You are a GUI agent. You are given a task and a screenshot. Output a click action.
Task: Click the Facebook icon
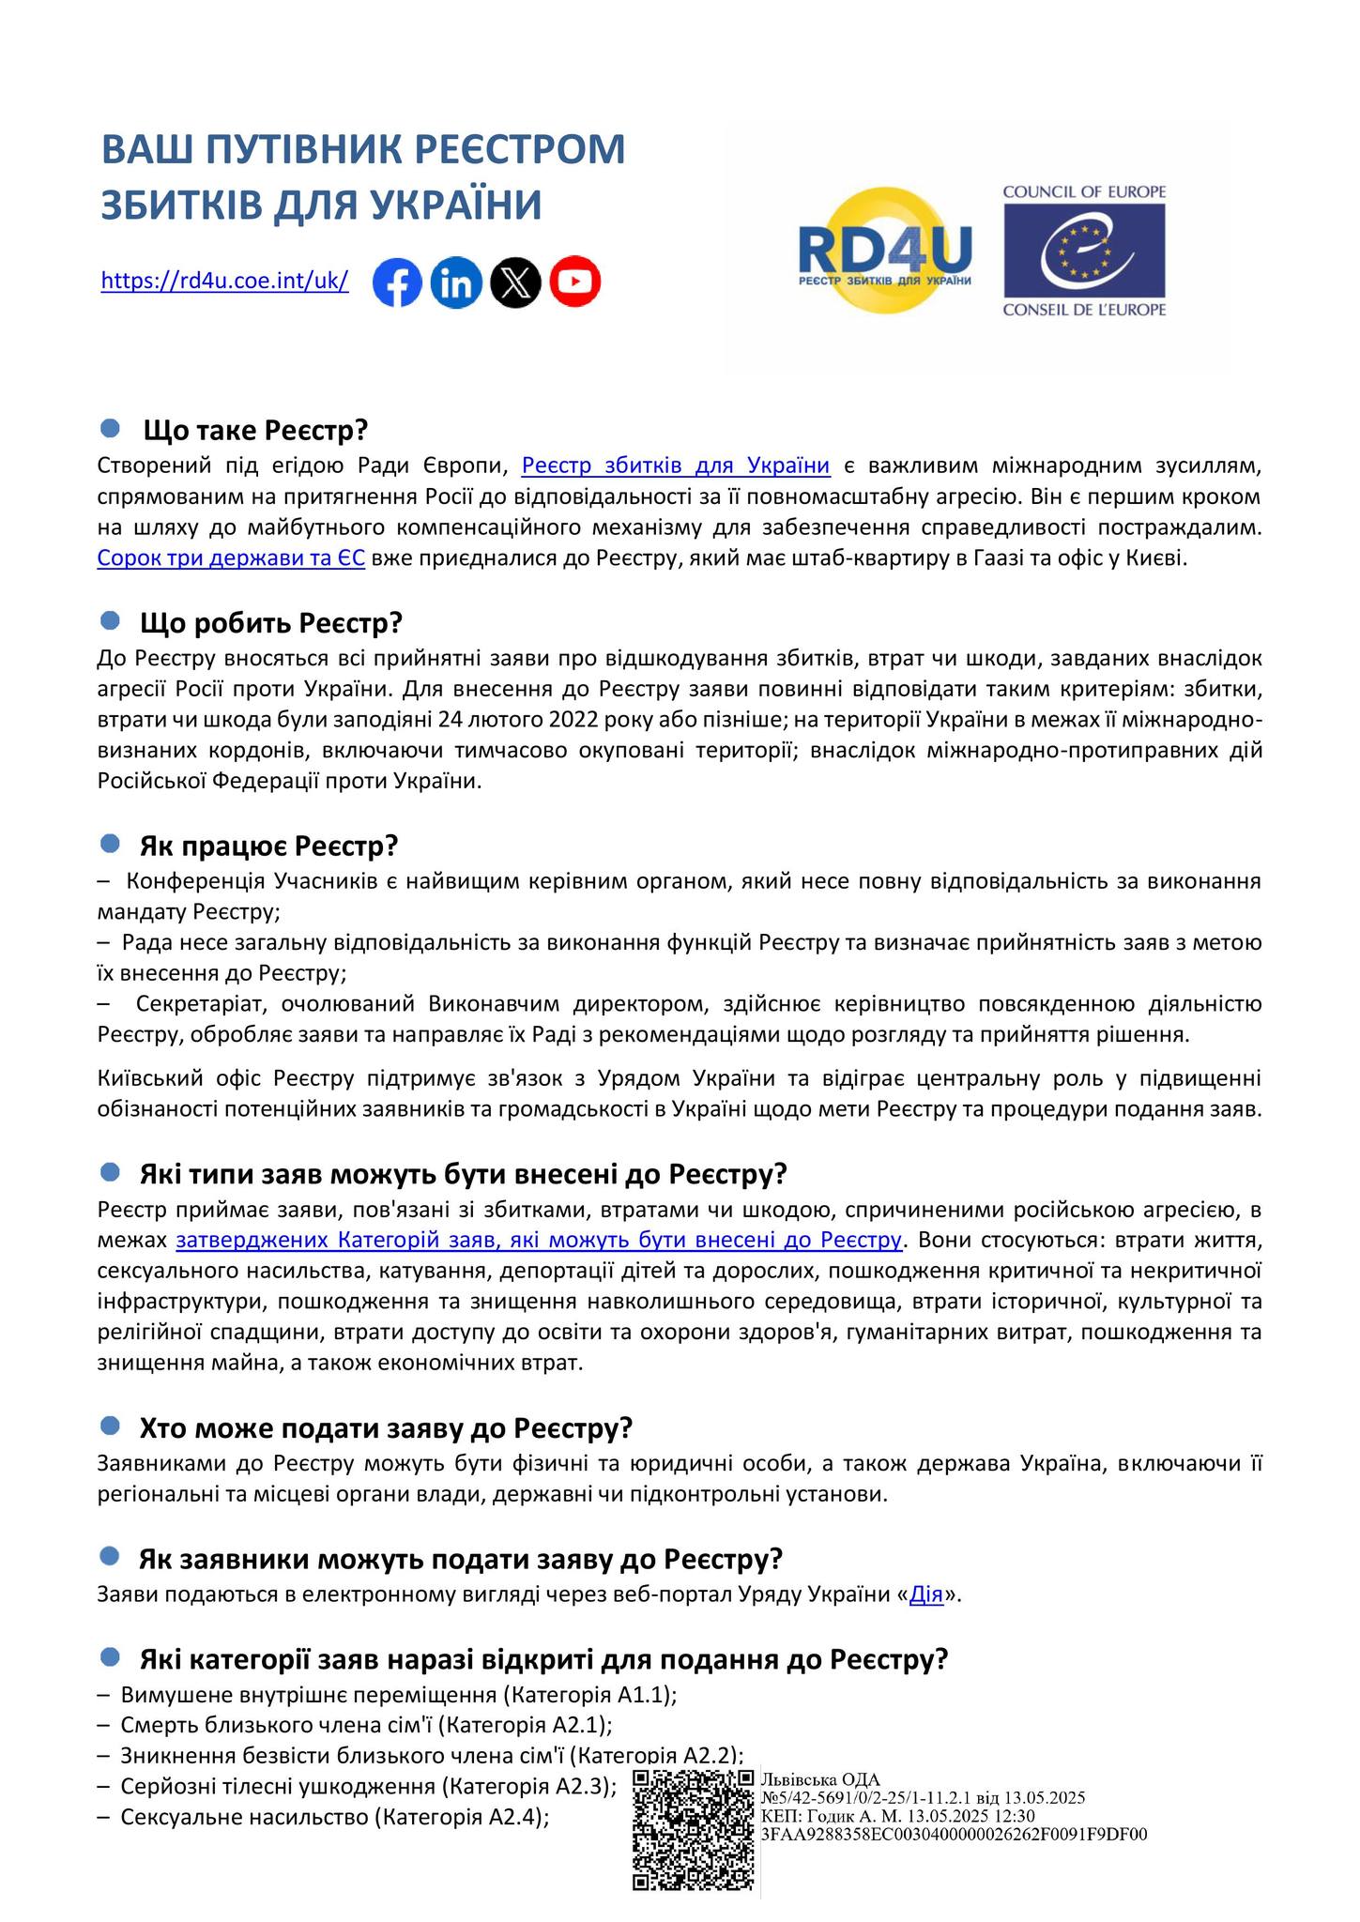click(397, 282)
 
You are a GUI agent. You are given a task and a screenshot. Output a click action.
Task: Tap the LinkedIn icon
click(456, 282)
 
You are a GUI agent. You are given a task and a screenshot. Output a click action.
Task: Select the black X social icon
click(515, 282)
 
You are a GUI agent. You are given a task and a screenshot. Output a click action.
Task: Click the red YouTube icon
click(574, 282)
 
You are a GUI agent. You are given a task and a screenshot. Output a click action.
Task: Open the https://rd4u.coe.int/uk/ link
click(224, 281)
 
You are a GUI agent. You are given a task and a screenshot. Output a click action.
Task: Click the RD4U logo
click(884, 252)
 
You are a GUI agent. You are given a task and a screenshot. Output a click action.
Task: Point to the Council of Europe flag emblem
click(1084, 249)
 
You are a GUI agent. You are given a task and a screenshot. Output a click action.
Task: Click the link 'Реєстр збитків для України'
click(675, 465)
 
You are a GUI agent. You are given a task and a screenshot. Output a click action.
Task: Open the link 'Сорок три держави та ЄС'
click(231, 559)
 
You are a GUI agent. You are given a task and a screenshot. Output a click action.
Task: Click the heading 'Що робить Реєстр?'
click(270, 623)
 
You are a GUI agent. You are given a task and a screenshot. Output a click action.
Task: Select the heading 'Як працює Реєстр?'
click(268, 846)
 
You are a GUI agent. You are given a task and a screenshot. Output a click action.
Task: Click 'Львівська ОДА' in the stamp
click(820, 1778)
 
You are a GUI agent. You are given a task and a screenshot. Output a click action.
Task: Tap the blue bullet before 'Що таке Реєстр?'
click(110, 429)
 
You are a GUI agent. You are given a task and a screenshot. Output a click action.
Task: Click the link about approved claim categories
click(539, 1240)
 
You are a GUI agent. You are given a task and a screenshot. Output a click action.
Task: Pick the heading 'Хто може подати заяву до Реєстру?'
click(386, 1428)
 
